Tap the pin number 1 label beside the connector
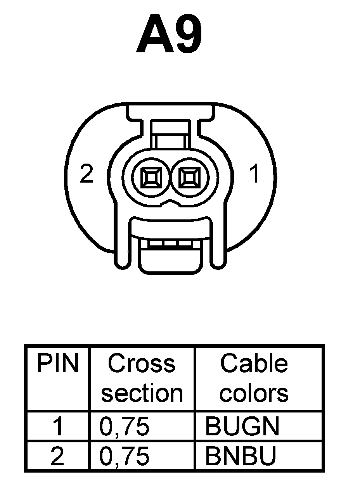pyautogui.click(x=254, y=174)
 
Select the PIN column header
pyautogui.click(x=57, y=364)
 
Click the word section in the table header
pyautogui.click(x=142, y=393)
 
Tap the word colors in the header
pyautogui.click(x=254, y=393)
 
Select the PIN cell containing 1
pyautogui.click(x=57, y=426)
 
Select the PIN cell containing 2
pyautogui.click(x=57, y=457)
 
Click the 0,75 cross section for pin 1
pyautogui.click(x=125, y=426)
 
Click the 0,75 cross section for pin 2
pyautogui.click(x=125, y=457)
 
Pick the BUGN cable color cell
pyautogui.click(x=242, y=426)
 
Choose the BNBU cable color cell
pyautogui.click(x=241, y=457)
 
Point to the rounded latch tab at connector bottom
pyautogui.click(x=170, y=261)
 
